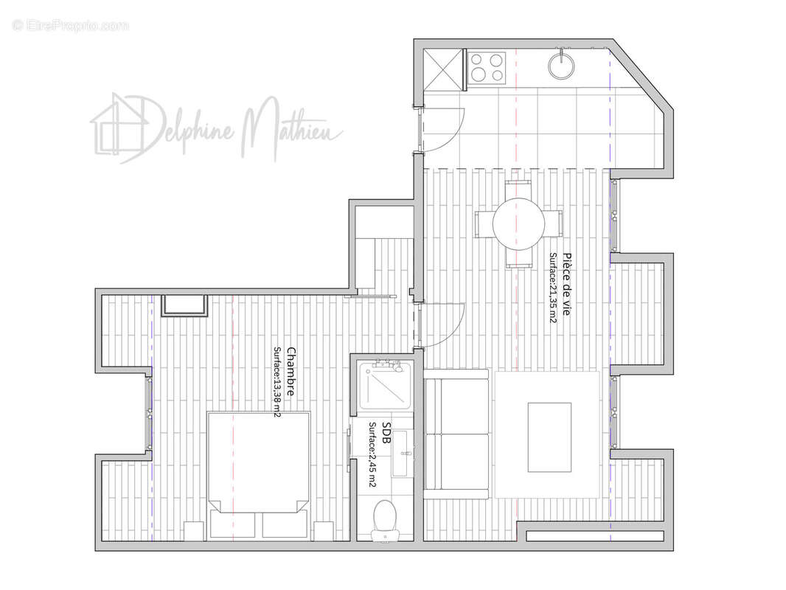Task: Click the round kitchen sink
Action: pos(562,65)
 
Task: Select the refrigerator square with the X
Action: pos(442,69)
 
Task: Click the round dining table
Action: pos(518,223)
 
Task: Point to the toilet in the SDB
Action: pos(385,520)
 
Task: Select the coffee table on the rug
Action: pos(549,437)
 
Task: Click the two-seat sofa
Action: pos(456,434)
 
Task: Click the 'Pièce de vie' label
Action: pos(566,283)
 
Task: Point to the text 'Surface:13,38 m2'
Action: pos(277,382)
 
